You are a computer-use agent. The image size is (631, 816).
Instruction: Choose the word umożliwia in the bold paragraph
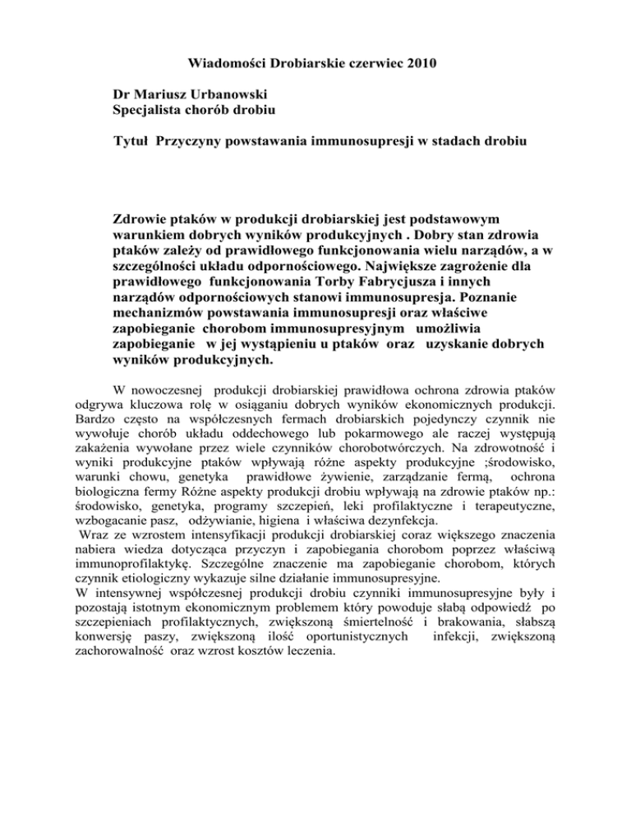(410, 345)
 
